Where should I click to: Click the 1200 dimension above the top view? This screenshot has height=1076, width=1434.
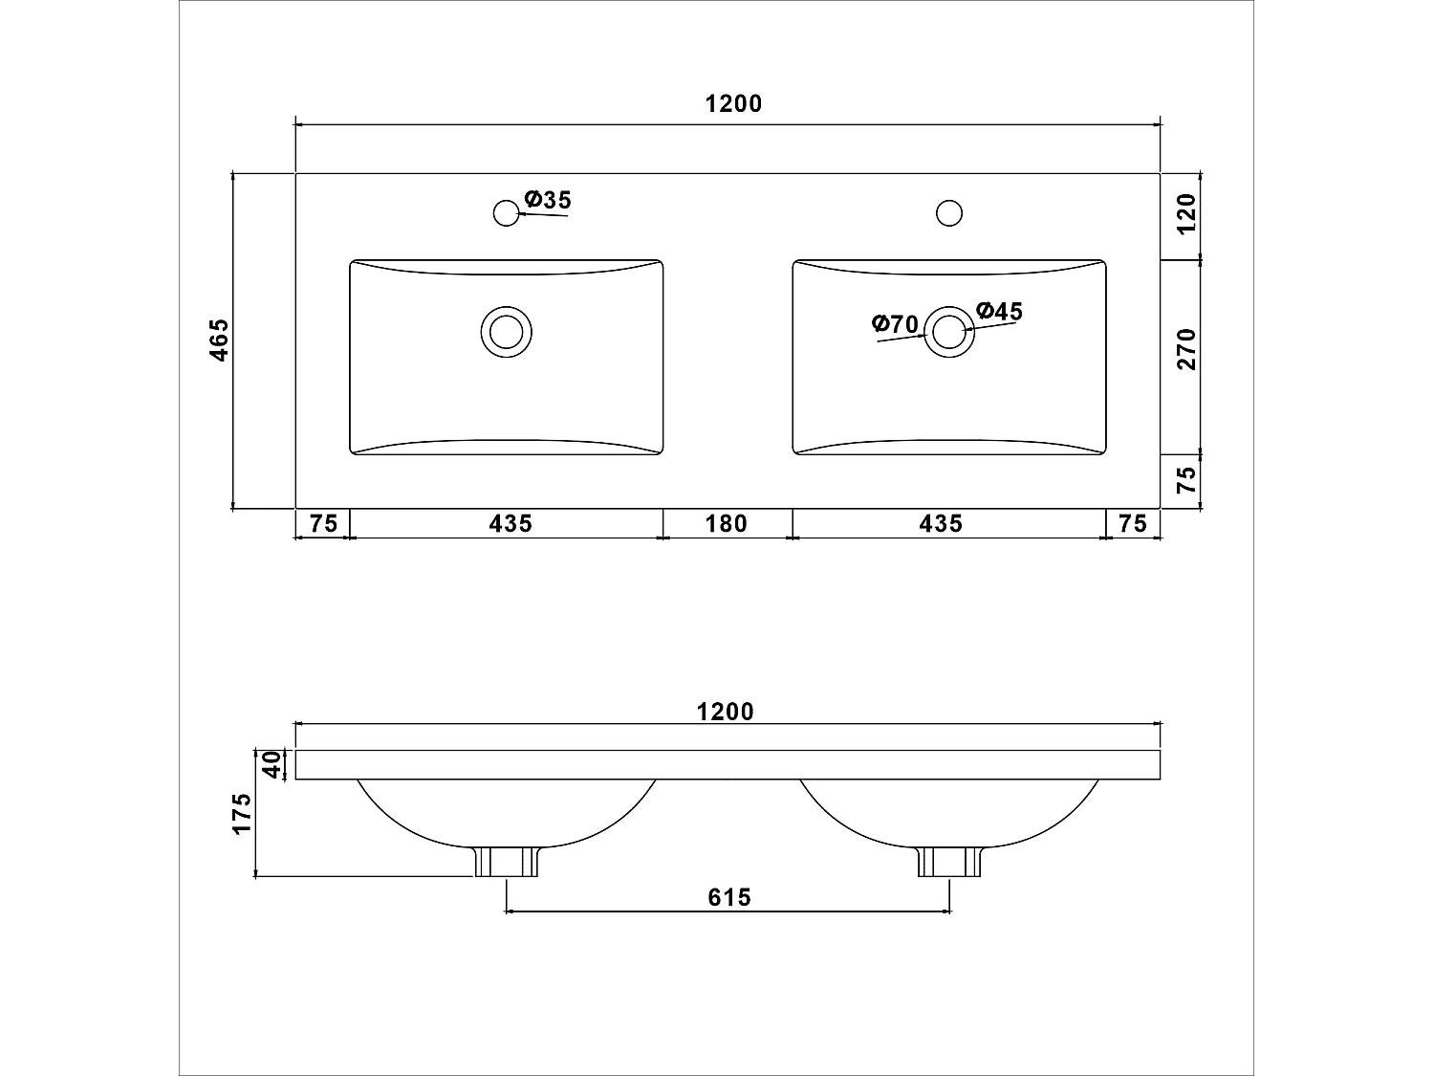(x=733, y=104)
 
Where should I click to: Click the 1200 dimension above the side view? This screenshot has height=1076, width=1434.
(x=725, y=712)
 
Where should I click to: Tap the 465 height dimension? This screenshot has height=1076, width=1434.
(x=219, y=340)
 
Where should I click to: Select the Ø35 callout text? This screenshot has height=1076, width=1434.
(x=548, y=200)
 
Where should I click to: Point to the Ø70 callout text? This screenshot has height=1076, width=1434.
(x=895, y=323)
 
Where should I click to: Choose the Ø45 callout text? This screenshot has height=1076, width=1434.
(x=999, y=311)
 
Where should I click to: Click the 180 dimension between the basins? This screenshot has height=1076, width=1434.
(x=727, y=523)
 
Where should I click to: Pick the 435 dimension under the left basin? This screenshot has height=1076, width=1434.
(x=511, y=523)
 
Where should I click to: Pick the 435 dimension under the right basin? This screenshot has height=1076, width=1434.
(x=941, y=523)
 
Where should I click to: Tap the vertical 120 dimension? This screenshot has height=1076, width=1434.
(x=1185, y=215)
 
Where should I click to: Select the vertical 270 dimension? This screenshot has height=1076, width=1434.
(x=1185, y=349)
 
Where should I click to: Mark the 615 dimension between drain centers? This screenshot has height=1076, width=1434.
(x=729, y=897)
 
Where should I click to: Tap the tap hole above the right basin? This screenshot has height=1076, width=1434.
(x=948, y=212)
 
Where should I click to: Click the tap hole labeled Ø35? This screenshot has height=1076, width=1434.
(x=506, y=212)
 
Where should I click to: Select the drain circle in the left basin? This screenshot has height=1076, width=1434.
(x=506, y=332)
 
